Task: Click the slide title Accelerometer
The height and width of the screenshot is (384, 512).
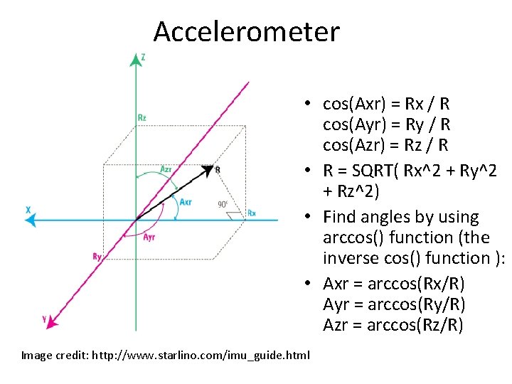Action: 247,32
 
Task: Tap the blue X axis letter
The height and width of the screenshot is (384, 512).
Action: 27,210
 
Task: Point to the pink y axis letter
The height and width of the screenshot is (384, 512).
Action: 45,319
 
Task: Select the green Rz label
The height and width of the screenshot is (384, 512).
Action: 142,117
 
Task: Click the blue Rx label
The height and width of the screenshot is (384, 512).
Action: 252,213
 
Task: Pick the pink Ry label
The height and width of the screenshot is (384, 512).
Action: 97,256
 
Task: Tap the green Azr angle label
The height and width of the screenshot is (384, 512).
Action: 165,169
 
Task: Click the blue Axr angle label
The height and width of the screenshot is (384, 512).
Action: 186,202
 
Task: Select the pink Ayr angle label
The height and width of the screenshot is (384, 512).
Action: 149,238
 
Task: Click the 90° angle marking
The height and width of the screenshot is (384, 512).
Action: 223,205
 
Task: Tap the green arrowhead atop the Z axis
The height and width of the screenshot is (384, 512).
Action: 136,59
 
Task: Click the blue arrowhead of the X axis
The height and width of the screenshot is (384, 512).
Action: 30,220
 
